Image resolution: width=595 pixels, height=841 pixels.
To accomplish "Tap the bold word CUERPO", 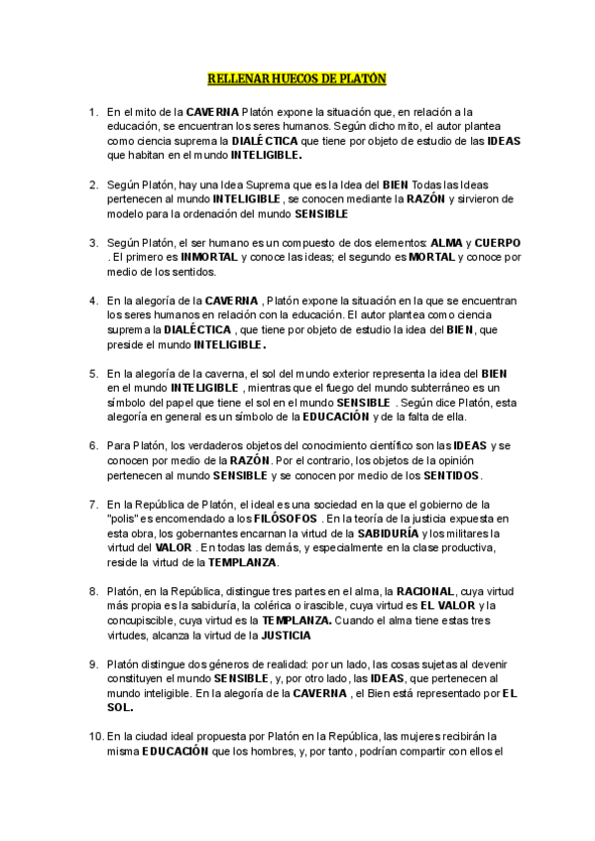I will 498,243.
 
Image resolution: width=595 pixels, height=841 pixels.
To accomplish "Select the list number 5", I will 93,373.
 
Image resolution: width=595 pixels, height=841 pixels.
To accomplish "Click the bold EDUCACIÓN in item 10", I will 175,751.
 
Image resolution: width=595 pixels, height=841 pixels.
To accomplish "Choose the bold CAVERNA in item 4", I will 232,300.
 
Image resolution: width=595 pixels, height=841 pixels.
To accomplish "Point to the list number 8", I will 93,591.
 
